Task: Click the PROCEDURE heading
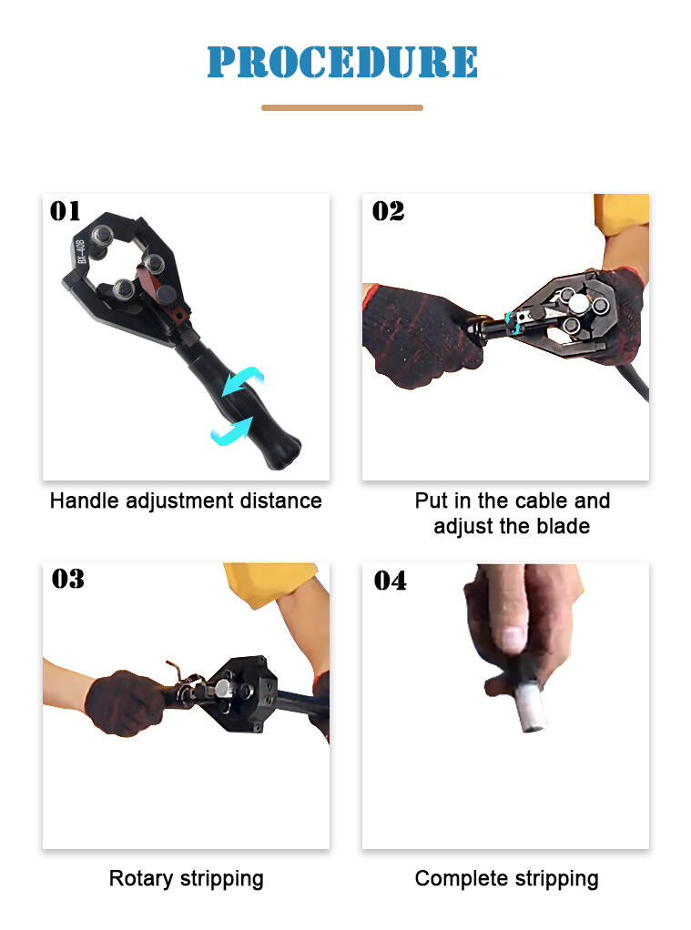[342, 62]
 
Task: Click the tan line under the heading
[342, 108]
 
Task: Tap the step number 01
[65, 211]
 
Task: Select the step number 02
[388, 211]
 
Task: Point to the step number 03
[67, 579]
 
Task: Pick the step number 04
[390, 581]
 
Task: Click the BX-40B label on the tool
[81, 251]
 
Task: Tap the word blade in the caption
[564, 526]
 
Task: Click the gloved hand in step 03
[125, 703]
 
